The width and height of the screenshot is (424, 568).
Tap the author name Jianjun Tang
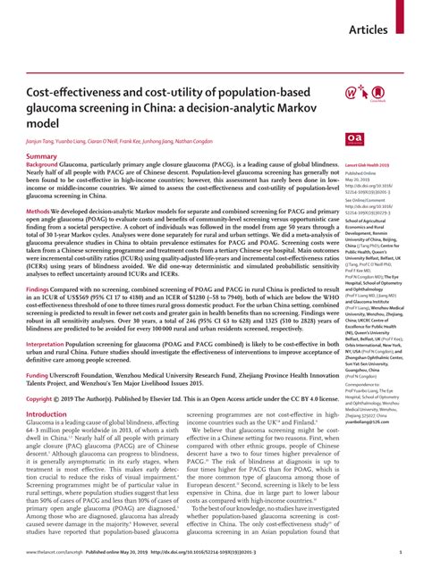tap(41, 141)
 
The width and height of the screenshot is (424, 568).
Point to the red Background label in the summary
tap(42, 165)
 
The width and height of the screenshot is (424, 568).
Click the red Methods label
tap(38, 210)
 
